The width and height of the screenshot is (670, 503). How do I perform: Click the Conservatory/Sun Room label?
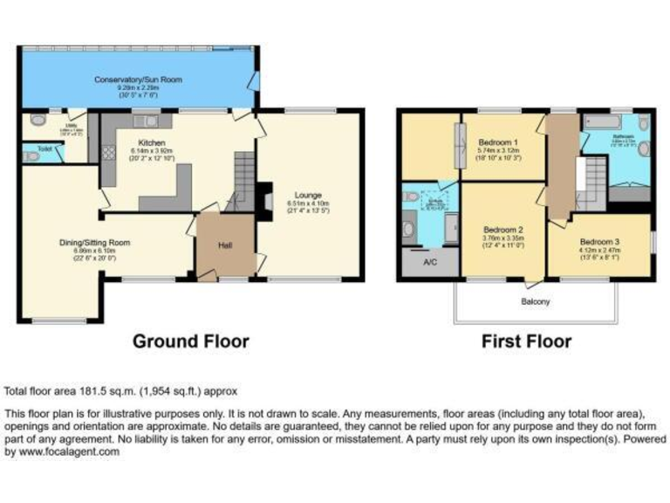[139, 79]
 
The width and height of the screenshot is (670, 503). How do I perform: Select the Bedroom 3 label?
[600, 240]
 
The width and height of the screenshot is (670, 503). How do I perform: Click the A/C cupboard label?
[430, 262]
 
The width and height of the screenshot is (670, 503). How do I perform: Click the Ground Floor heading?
[190, 341]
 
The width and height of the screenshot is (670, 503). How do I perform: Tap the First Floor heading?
[526, 341]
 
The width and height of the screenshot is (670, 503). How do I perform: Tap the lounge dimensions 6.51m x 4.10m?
[308, 203]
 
